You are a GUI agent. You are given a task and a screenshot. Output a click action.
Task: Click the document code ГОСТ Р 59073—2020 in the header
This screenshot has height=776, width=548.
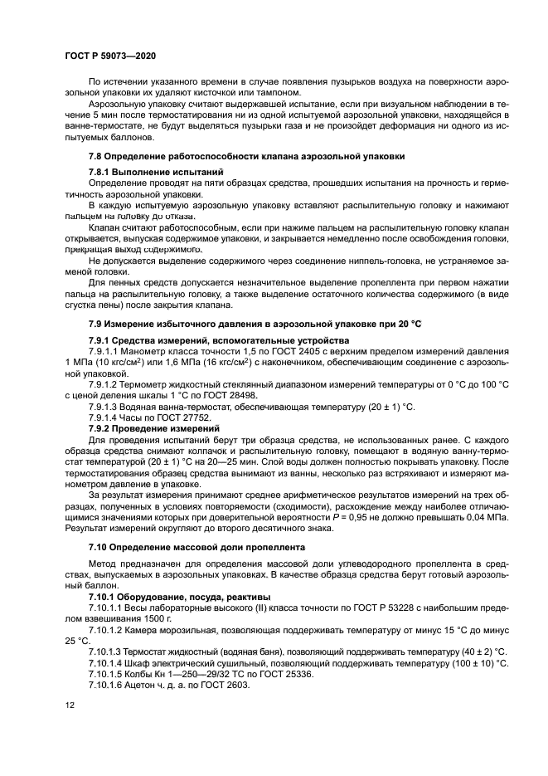coord(110,55)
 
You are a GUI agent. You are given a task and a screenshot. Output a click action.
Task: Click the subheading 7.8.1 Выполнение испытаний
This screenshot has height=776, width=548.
coord(144,172)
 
